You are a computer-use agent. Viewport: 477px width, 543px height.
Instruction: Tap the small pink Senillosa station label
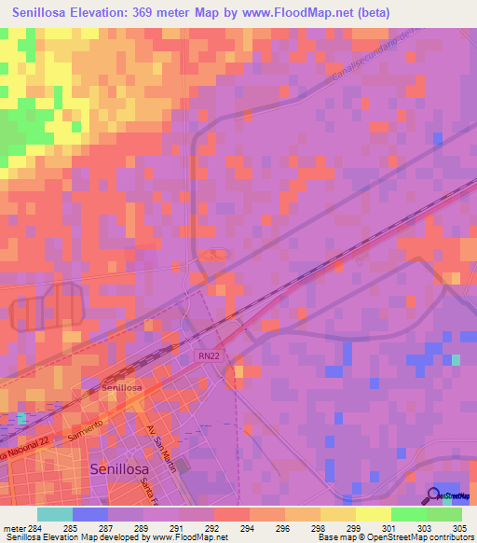122,387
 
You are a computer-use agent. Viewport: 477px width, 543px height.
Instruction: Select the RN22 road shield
209,355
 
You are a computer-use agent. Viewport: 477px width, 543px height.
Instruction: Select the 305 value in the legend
450,529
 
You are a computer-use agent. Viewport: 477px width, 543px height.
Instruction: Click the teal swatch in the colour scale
55,514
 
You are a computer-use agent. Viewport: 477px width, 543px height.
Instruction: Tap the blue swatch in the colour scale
90,514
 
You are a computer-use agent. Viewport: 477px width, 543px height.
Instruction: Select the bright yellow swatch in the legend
373,514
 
